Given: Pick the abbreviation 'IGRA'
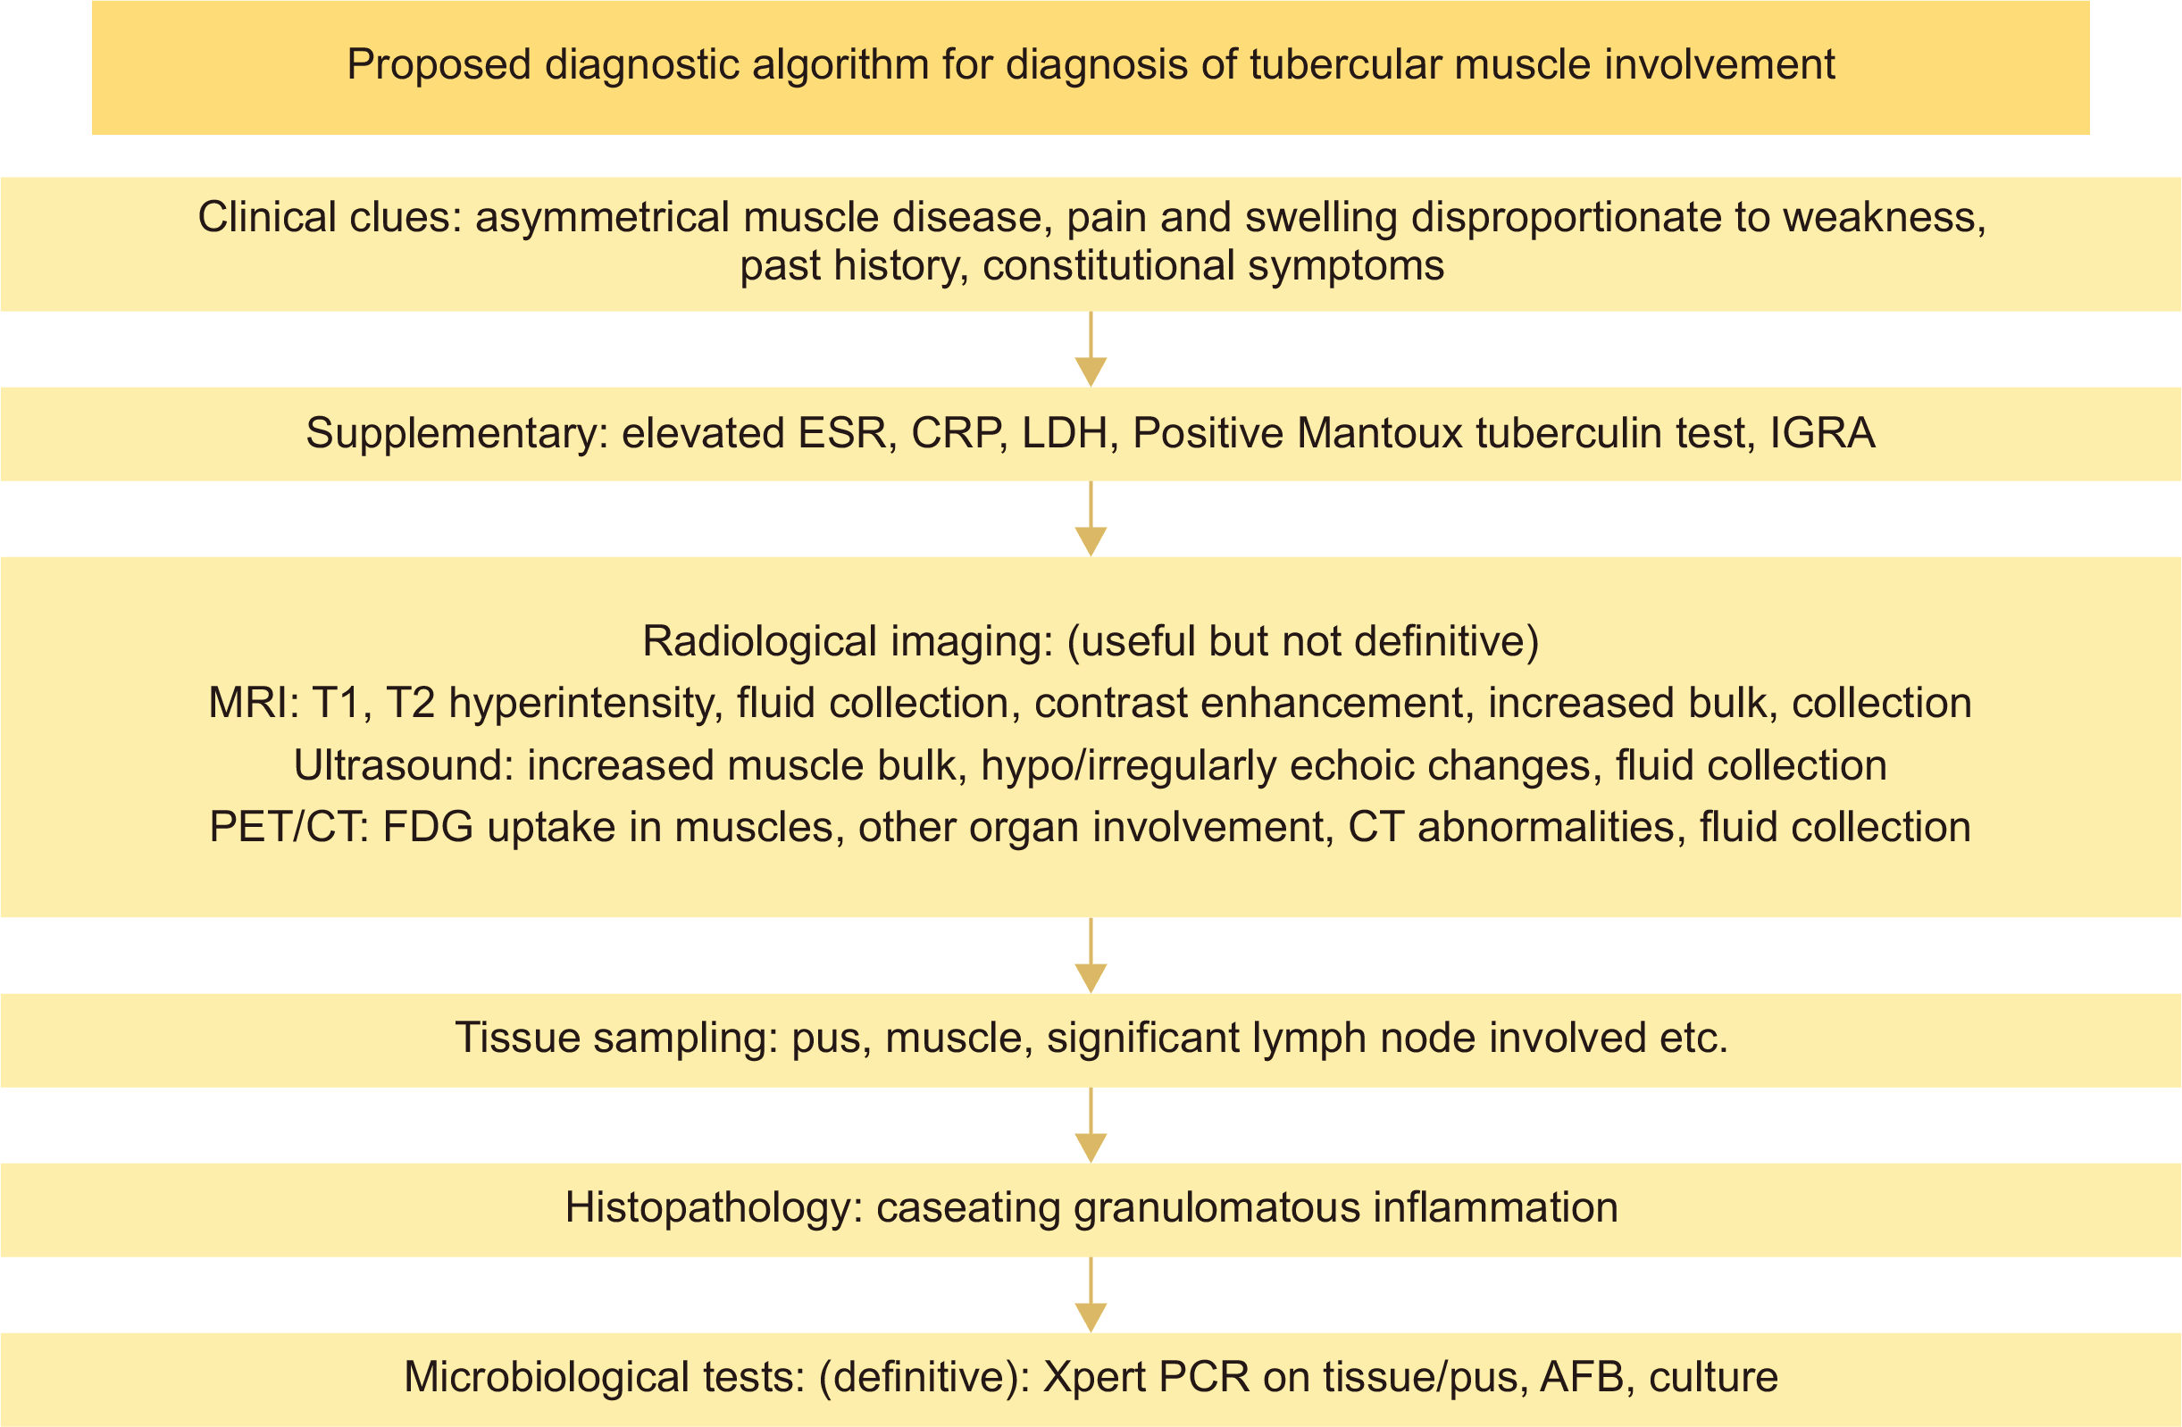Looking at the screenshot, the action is [x=1822, y=433].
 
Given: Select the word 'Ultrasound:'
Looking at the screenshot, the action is [x=404, y=766].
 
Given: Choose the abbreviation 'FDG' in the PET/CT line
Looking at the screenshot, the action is [x=428, y=828].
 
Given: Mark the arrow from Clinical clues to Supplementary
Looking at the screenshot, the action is [x=1091, y=349].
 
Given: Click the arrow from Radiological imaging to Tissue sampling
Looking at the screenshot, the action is [x=1091, y=955].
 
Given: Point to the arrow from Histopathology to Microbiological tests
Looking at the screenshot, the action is [x=1091, y=1294].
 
